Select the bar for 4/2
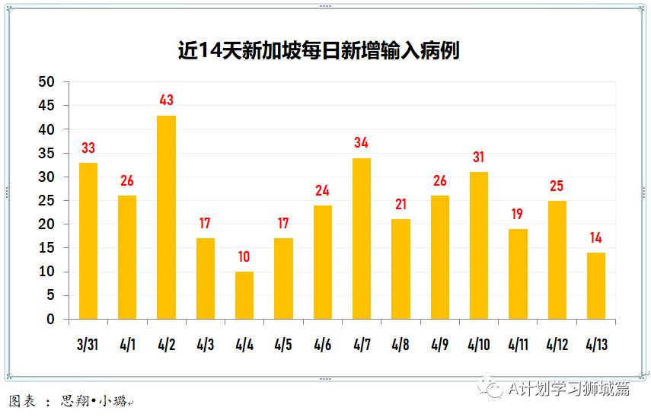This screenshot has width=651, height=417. coord(166,217)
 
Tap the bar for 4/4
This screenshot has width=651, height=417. coord(244,295)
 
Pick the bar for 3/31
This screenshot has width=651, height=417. coord(88,240)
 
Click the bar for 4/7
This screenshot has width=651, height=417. coord(362,238)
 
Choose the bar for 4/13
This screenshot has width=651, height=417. coord(596,285)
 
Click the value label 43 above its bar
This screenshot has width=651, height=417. coord(167,100)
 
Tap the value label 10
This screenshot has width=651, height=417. coord(244,257)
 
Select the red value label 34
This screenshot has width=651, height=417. coord(362,143)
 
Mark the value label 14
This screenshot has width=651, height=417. coord(596,238)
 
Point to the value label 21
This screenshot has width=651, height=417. coord(400,205)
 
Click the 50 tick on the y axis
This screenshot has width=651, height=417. coord(47,82)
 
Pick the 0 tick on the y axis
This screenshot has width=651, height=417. coord(51,320)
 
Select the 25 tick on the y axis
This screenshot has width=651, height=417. coord(47,201)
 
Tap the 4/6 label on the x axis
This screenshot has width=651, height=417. coord(323,345)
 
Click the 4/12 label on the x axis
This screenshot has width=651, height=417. coord(557,345)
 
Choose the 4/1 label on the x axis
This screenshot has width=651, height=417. coord(127,345)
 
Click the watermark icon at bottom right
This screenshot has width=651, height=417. coord(494,389)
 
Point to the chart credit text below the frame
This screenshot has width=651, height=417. coord(69,401)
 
